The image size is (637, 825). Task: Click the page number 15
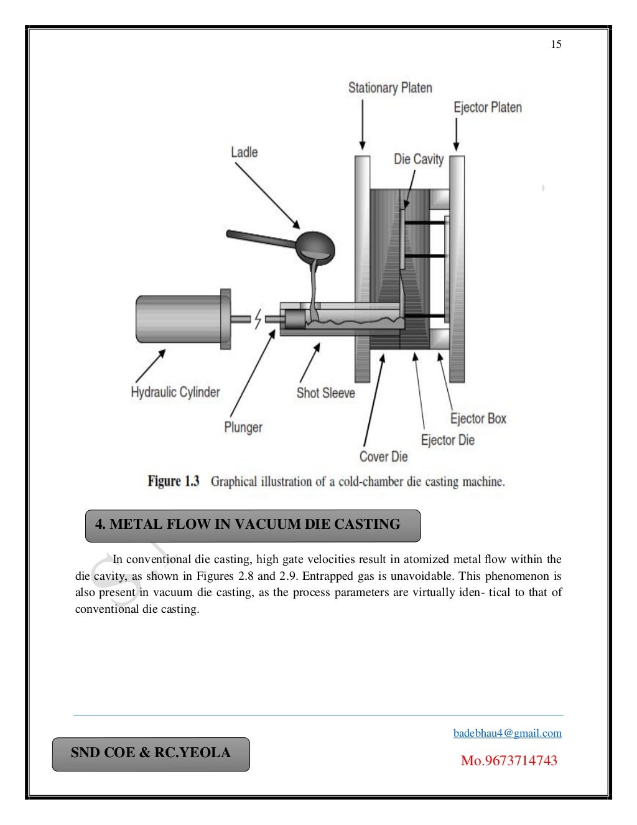pos(556,44)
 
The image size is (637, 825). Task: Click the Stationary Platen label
pos(390,88)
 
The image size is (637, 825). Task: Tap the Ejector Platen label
pos(488,108)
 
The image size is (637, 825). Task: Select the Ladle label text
pos(244,152)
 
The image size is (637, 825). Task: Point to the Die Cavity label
pos(419,160)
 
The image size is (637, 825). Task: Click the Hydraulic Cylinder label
pos(175,393)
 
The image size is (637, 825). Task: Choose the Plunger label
pos(243,427)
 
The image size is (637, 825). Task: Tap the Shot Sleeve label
pos(325,393)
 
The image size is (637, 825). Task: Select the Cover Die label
pos(383,457)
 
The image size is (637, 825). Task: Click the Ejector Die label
pos(448,440)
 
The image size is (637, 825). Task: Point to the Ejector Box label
pos(478,419)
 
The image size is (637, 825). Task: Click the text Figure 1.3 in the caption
pos(173,482)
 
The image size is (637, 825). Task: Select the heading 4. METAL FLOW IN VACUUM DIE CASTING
pos(248,524)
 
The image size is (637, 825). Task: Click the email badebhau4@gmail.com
pos(508,733)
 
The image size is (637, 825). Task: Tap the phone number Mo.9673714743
pos(509,760)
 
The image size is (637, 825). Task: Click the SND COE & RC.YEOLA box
pos(151,753)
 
